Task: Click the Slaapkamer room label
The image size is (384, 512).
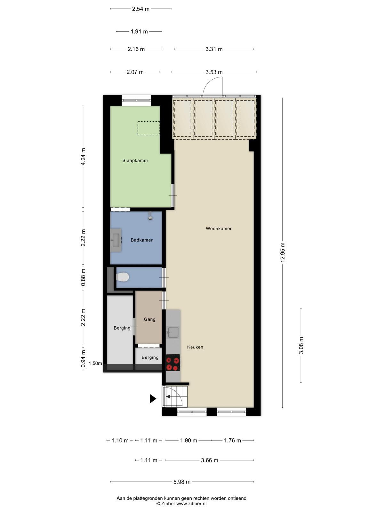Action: [x=135, y=161]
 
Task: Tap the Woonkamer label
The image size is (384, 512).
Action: [x=219, y=228]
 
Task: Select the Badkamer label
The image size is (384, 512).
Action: [x=141, y=240]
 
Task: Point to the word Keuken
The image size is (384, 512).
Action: [x=195, y=347]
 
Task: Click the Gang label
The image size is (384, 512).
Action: [x=149, y=319]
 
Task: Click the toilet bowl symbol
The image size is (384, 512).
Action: [x=123, y=277]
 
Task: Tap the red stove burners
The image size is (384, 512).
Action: [x=173, y=363]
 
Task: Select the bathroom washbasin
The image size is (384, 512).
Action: [x=116, y=240]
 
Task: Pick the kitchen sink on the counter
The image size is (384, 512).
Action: [x=173, y=332]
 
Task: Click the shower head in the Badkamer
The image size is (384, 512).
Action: [x=150, y=216]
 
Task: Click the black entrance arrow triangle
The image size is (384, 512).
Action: [x=153, y=399]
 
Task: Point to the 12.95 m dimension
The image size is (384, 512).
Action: [x=283, y=252]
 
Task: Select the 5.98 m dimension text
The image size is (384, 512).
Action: [x=182, y=482]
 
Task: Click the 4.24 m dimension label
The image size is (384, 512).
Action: [x=83, y=156]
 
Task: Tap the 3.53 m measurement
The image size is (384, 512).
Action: [x=214, y=72]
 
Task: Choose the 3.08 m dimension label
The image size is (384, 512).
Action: [x=301, y=346]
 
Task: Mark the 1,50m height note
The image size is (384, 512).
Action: [x=95, y=364]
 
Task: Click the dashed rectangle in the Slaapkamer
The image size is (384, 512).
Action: [x=148, y=128]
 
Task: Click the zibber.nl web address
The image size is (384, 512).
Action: [x=191, y=504]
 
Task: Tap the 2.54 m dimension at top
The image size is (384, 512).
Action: [x=140, y=9]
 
